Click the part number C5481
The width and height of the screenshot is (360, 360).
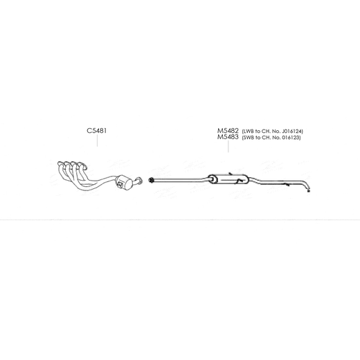[97, 131]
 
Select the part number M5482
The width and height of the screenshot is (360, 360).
[228, 131]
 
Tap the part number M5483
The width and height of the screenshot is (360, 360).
[228, 137]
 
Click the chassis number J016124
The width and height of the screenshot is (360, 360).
[291, 132]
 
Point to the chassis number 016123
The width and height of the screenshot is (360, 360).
[290, 138]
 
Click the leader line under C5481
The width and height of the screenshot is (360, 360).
[97, 141]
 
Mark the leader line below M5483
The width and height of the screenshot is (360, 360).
[228, 146]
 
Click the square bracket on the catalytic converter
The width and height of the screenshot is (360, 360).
[120, 184]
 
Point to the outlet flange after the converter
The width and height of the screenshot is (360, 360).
[139, 181]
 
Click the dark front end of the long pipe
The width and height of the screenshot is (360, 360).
[151, 180]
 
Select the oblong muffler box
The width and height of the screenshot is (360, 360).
[228, 179]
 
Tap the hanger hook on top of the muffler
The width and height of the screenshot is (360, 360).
[231, 173]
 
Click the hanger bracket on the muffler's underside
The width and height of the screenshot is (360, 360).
[238, 182]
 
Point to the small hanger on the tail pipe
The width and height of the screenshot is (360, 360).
[287, 184]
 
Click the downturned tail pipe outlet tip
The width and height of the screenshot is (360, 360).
[309, 190]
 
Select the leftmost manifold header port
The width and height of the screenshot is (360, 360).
[60, 163]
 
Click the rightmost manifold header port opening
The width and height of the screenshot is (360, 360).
[84, 166]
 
